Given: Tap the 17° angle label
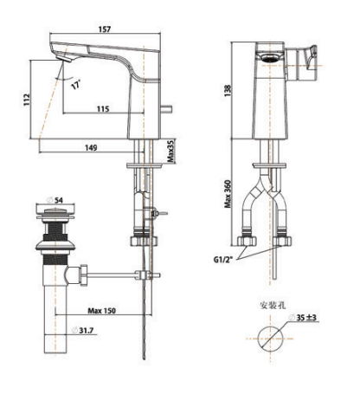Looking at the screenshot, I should [x=78, y=86].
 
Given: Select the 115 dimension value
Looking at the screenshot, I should [x=103, y=108].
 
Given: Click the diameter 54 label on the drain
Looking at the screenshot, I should [x=59, y=200].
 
